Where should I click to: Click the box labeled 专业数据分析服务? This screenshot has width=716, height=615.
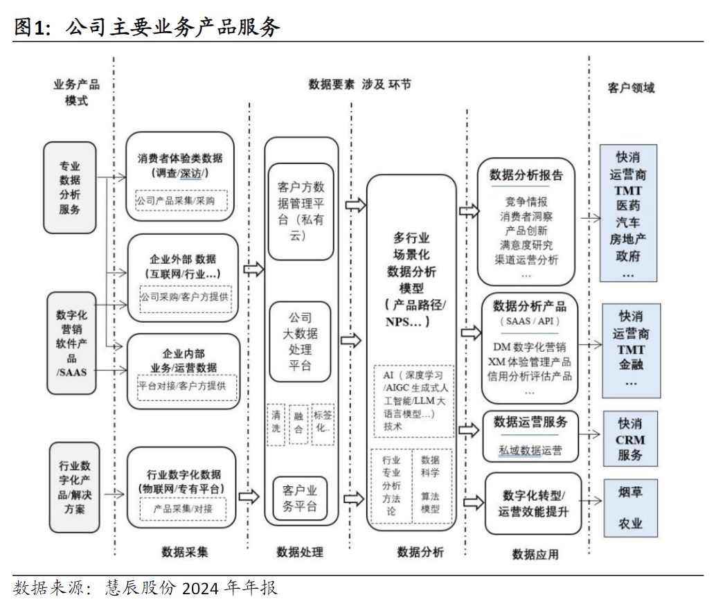tap(69, 188)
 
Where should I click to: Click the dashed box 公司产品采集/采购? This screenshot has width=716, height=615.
tap(181, 202)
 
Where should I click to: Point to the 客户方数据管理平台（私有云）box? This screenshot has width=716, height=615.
tap(301, 211)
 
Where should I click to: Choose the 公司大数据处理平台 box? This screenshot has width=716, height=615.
tap(300, 341)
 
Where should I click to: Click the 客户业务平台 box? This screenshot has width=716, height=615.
tap(300, 499)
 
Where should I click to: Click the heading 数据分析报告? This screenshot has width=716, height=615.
tap(526, 175)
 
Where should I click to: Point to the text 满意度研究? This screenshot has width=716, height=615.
tap(526, 245)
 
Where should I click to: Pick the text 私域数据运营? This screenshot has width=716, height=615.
tap(530, 450)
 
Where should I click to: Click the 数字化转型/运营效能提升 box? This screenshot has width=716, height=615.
tap(532, 503)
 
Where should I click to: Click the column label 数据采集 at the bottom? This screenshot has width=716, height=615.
tap(184, 551)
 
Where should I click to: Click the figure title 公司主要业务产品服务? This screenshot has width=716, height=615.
tap(173, 27)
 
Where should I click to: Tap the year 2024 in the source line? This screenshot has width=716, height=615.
tap(200, 589)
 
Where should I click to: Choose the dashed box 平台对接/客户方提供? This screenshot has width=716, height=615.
tap(182, 385)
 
